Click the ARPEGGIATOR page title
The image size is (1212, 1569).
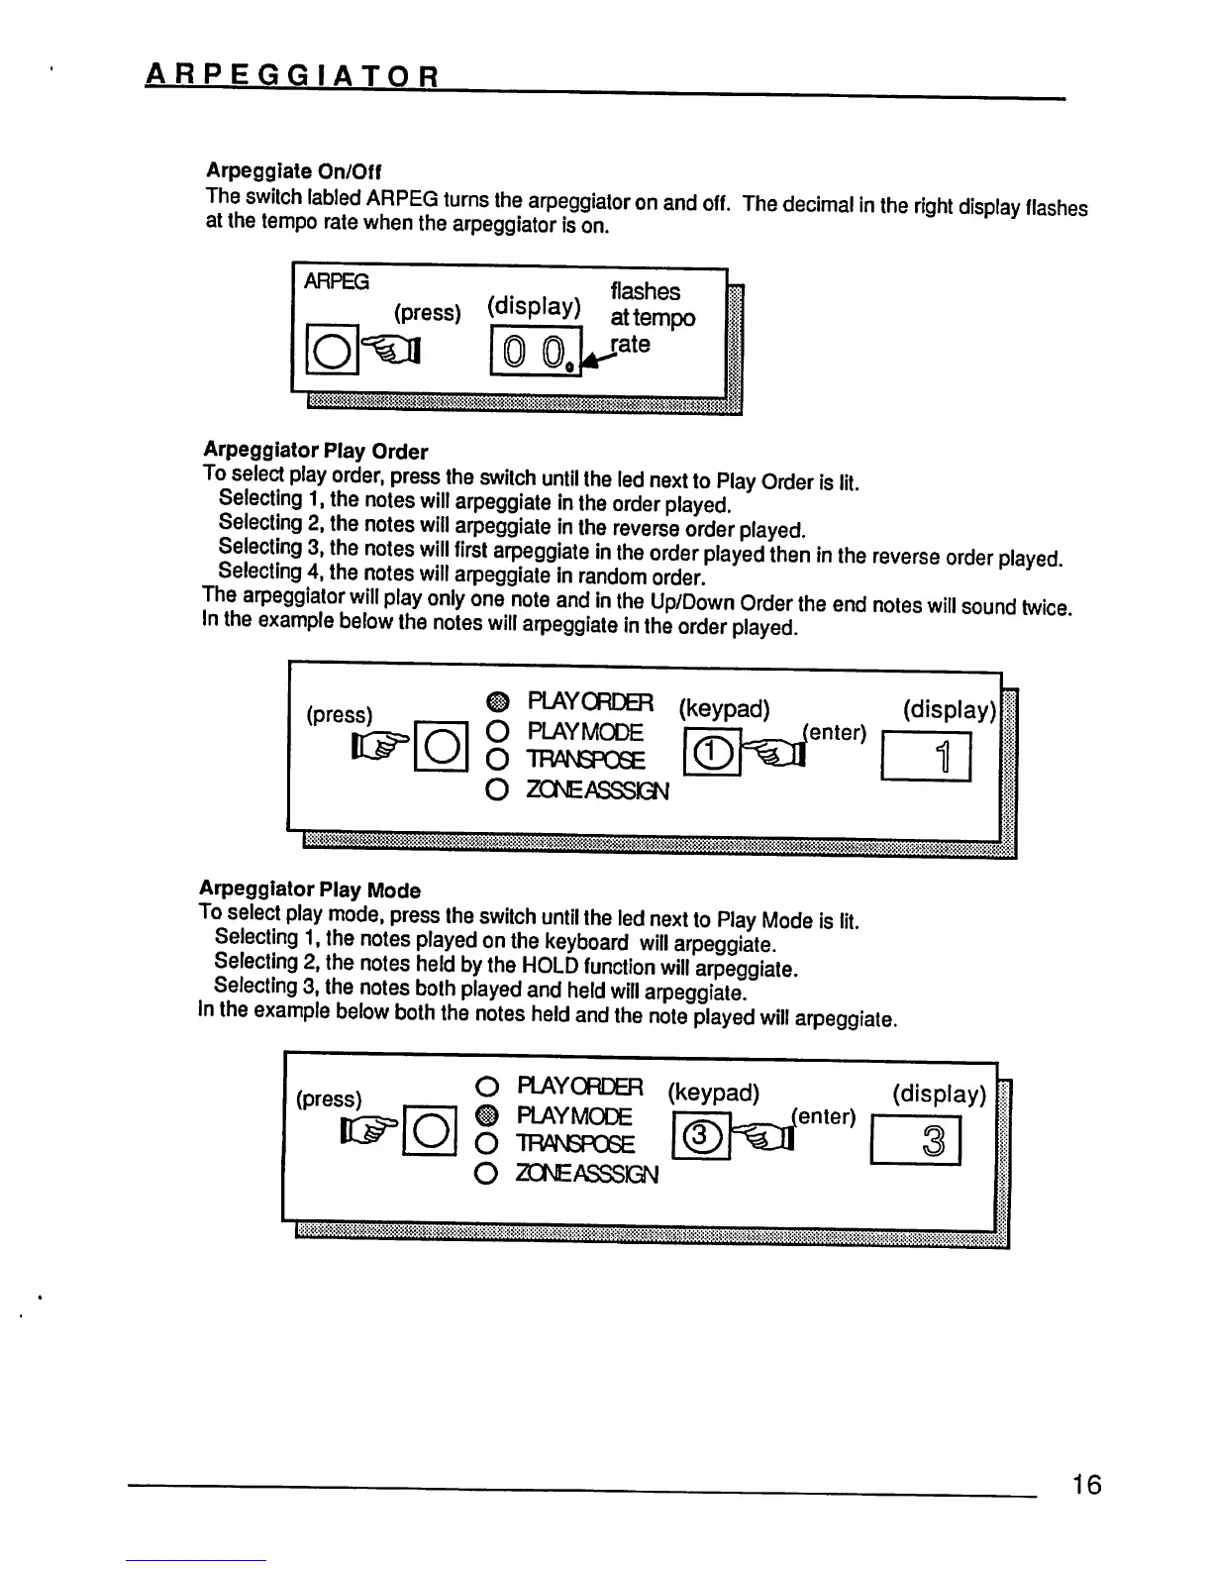click(292, 75)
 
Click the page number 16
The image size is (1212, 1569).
click(1085, 1485)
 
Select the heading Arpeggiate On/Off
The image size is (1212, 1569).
click(293, 170)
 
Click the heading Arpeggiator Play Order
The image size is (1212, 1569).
click(315, 451)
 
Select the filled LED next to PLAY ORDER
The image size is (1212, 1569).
click(498, 703)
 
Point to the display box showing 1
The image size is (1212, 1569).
click(925, 757)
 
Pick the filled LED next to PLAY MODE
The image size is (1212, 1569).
click(486, 1116)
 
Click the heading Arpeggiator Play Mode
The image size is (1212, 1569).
click(310, 889)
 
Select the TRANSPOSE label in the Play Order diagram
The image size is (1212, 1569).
click(586, 761)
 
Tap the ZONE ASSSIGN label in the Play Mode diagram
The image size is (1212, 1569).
click(587, 1174)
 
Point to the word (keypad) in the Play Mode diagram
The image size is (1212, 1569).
click(713, 1093)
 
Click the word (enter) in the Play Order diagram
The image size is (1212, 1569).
click(835, 733)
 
